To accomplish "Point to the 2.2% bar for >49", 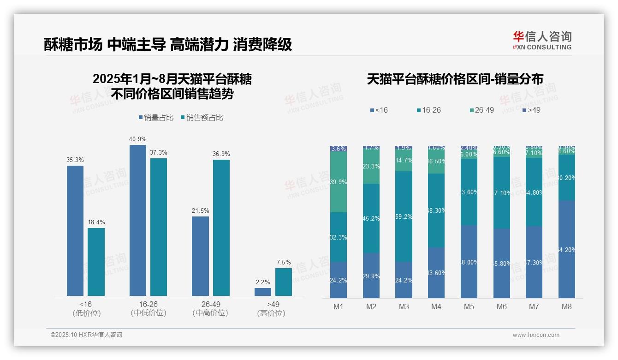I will click(x=263, y=292).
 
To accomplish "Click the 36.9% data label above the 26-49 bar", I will click(x=221, y=154).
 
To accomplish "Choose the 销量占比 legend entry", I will click(x=156, y=118).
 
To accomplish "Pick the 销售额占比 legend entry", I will click(x=202, y=118).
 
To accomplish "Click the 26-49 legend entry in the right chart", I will click(x=482, y=110).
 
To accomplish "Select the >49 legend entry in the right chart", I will click(x=531, y=110).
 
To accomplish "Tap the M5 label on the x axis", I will click(x=469, y=306).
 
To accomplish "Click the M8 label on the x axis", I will click(x=567, y=306).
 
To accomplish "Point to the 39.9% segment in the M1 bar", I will click(x=339, y=182).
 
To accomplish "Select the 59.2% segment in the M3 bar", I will click(x=404, y=216).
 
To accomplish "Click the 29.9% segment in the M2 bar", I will click(x=371, y=276).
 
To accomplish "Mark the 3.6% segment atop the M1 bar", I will click(x=339, y=149).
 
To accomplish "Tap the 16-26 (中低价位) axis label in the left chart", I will click(x=148, y=309).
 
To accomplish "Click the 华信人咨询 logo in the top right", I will click(x=542, y=40).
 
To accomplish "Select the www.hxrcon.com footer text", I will click(x=536, y=335).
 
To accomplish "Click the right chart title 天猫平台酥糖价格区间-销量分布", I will click(x=455, y=79).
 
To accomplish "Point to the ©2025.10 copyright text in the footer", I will click(x=86, y=335).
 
